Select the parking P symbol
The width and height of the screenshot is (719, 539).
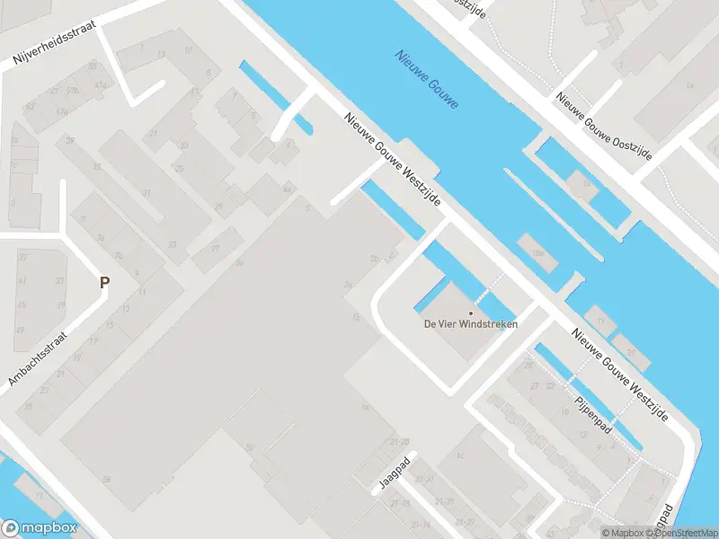coord(104,282)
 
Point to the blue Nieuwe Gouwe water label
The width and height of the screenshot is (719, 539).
coord(426,78)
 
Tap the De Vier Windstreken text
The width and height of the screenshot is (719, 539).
coord(470,324)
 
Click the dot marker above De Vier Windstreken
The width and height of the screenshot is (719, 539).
coord(470,313)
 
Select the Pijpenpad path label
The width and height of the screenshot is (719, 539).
coord(593,412)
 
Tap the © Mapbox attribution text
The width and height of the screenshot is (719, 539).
coord(623,533)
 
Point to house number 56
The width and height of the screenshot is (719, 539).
coord(106,480)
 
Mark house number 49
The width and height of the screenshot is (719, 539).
coord(20,331)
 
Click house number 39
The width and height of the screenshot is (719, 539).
coord(69,141)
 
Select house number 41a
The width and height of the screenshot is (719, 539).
coord(100,85)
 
